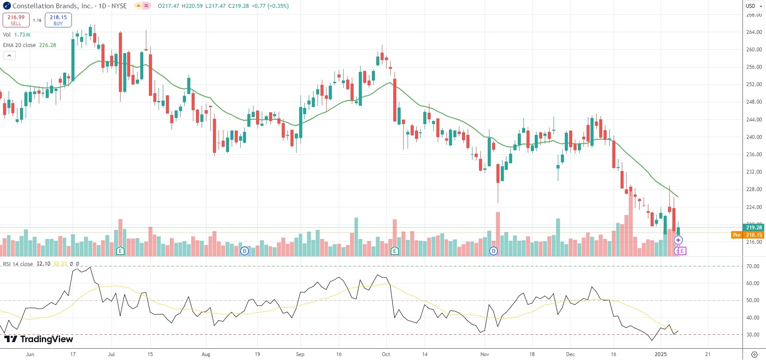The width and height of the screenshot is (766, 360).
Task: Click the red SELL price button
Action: [x=16, y=20]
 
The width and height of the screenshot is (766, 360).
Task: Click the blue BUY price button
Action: [x=58, y=20]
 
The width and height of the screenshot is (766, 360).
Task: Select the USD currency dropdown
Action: [x=754, y=6]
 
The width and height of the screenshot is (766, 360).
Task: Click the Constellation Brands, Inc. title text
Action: [x=52, y=6]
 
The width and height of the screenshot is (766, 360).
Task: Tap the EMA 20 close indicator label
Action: [x=20, y=45]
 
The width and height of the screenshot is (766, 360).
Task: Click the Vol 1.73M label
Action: [x=17, y=35]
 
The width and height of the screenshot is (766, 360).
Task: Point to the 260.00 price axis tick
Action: [x=754, y=50]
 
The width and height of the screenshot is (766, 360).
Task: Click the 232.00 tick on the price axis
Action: [x=754, y=172]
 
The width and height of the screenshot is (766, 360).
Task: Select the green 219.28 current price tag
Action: [x=753, y=228]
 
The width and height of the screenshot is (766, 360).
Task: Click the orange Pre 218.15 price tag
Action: [x=748, y=235]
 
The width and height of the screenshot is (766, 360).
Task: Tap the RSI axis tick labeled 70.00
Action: [x=753, y=266]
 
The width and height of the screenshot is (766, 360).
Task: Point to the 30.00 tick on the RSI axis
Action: [x=753, y=335]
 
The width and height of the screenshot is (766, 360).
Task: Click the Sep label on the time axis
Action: [x=300, y=354]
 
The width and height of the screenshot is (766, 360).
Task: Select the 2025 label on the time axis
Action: [x=661, y=354]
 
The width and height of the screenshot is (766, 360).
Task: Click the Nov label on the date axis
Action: [x=485, y=354]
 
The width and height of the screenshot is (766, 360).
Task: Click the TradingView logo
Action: [x=39, y=340]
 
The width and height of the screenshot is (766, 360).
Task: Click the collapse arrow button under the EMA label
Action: [x=9, y=56]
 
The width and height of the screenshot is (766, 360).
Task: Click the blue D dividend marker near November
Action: [x=493, y=251]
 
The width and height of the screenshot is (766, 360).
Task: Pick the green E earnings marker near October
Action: [x=395, y=251]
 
